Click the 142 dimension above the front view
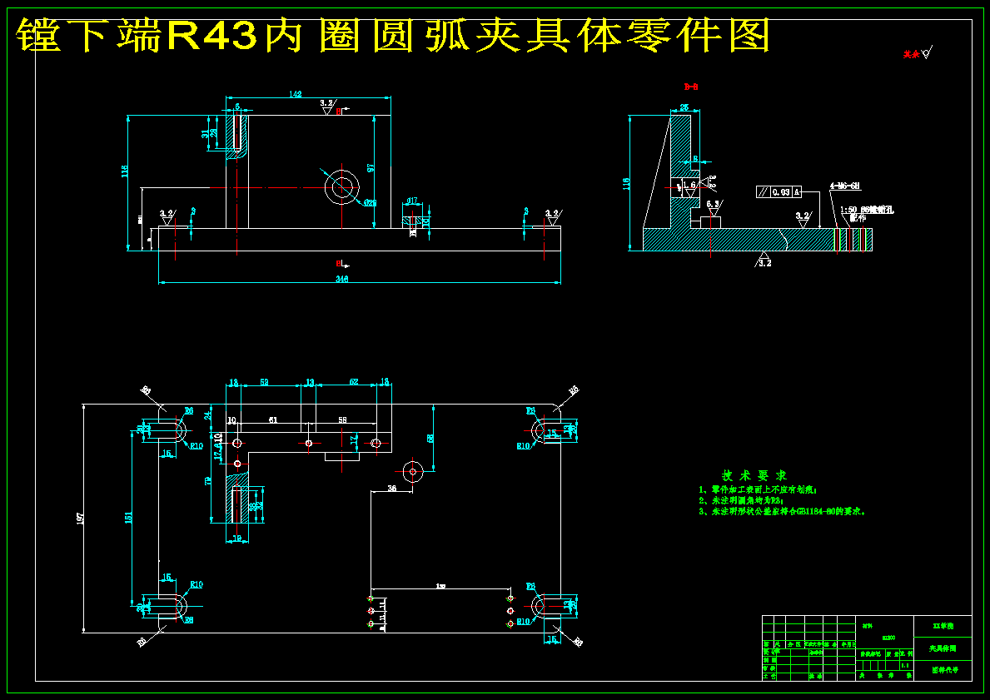295,95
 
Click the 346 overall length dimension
341,279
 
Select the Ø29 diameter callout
370,202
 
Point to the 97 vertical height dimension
371,167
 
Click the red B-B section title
691,87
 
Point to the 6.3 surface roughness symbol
714,205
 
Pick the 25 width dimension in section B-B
684,107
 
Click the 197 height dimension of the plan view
80,518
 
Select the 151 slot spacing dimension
128,518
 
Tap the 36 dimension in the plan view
391,489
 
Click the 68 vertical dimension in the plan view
430,439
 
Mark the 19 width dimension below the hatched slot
236,539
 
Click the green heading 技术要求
754,474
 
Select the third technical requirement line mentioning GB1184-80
783,512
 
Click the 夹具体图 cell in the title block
943,648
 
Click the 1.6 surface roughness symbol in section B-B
689,186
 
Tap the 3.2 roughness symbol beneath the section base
764,261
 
